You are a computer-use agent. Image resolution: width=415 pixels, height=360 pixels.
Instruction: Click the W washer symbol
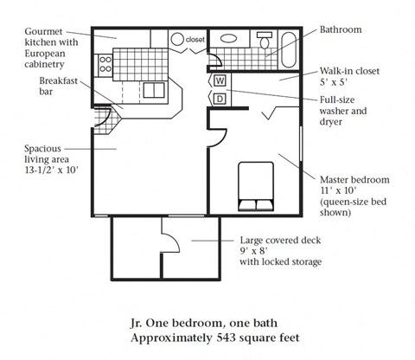pyautogui.click(x=220, y=80)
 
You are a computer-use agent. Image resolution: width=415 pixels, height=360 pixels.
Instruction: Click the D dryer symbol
pyautogui.click(x=220, y=98)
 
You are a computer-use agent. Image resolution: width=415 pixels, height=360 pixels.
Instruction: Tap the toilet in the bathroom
pyautogui.click(x=265, y=40)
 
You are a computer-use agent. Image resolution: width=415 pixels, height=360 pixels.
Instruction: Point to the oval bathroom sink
pyautogui.click(x=229, y=39)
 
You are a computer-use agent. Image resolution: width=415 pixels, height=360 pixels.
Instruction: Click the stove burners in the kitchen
pyautogui.click(x=106, y=63)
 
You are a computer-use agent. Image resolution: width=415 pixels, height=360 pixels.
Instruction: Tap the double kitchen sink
pyautogui.click(x=155, y=90)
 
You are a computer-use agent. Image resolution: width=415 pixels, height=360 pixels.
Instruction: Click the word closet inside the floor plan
pyautogui.click(x=195, y=39)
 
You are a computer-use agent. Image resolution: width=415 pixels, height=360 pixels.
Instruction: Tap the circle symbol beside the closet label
pyautogui.click(x=176, y=39)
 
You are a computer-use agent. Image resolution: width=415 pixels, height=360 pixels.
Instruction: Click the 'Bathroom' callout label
pyautogui.click(x=342, y=29)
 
